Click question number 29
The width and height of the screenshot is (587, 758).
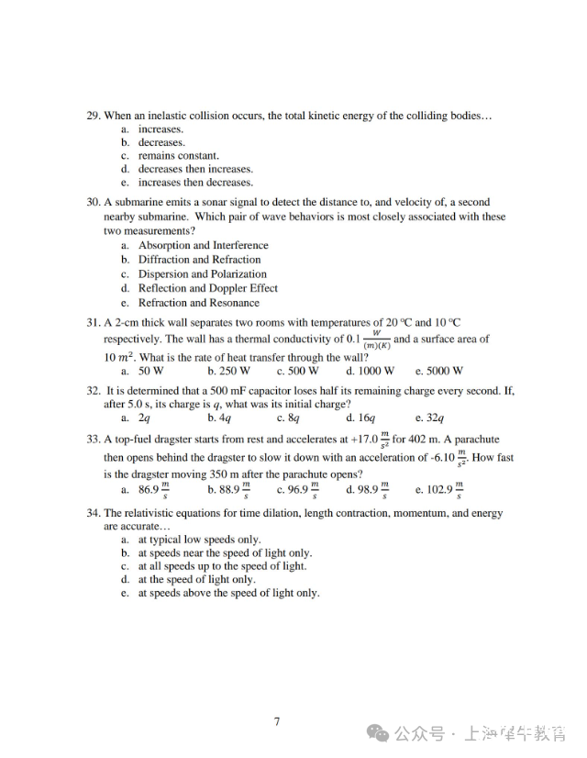point(93,117)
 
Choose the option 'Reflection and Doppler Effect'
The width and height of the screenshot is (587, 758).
point(207,288)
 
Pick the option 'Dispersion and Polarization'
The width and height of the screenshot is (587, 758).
point(202,274)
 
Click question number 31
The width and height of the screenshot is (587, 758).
point(93,323)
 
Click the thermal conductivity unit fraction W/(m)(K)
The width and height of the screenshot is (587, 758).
point(376,340)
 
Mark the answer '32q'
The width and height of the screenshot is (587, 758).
point(435,418)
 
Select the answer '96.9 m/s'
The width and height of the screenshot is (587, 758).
point(301,490)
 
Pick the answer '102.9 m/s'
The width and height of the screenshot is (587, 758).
point(444,490)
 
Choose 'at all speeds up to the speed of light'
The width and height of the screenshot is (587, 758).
point(222,566)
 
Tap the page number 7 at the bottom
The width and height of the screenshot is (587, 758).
point(277,721)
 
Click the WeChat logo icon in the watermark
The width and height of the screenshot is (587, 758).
point(377,733)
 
